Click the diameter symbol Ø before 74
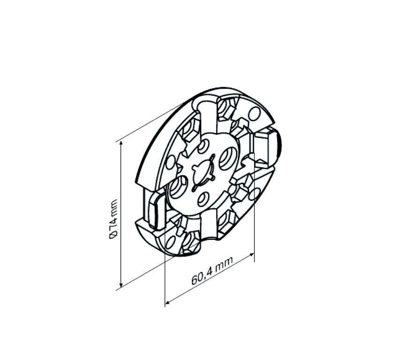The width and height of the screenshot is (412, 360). click(x=113, y=235)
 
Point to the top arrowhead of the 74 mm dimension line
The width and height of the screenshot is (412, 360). click(x=121, y=143)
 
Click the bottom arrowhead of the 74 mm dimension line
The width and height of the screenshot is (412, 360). click(x=121, y=285)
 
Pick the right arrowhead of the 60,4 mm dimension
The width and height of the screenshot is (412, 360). click(x=251, y=255)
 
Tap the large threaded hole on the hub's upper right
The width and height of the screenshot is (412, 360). click(x=227, y=158)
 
